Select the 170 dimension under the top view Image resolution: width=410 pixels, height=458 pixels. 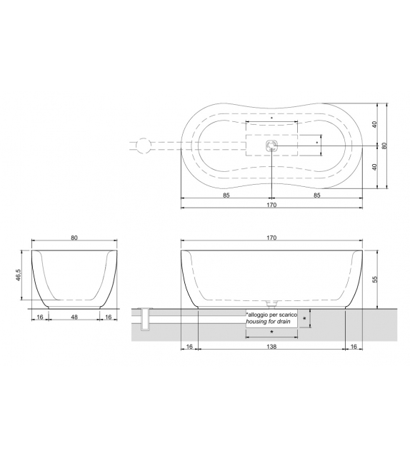(271, 205)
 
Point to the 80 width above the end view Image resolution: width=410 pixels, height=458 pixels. (74, 238)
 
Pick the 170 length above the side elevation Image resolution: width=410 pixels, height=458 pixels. (271, 238)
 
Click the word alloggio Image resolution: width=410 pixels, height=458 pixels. (261, 315)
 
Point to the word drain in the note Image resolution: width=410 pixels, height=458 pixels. (285, 322)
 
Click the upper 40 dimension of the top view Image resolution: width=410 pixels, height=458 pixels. (374, 124)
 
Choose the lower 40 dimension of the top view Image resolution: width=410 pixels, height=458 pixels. (374, 167)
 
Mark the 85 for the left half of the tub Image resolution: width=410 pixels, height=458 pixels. (226, 194)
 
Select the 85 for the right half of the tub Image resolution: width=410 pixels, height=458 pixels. (316, 194)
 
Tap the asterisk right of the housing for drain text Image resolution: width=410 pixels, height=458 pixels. (305, 318)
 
